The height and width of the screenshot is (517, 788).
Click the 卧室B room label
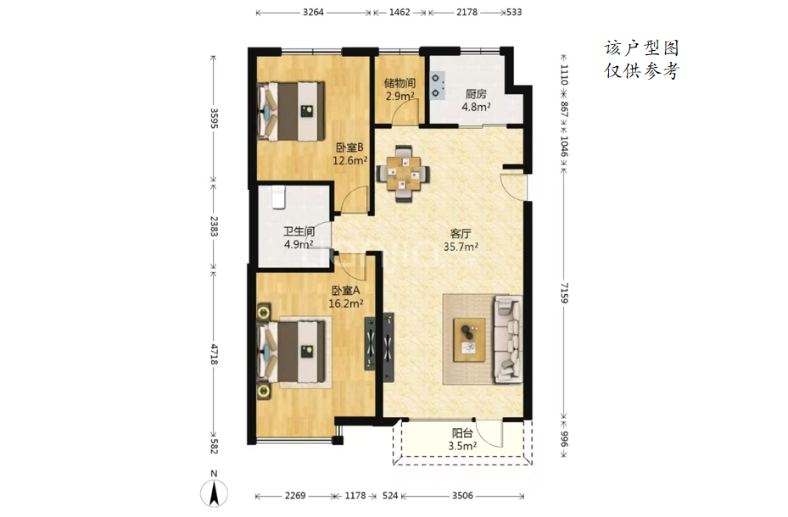pyautogui.click(x=349, y=147)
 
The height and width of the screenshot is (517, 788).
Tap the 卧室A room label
pyautogui.click(x=345, y=291)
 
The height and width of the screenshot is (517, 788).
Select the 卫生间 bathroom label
pyautogui.click(x=299, y=231)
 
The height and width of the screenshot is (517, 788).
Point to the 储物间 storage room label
pyautogui.click(x=400, y=83)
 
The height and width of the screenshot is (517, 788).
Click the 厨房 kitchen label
pyautogui.click(x=476, y=94)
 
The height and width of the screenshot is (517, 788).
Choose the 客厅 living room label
pyautogui.click(x=461, y=233)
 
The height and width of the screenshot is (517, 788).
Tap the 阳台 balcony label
pyautogui.click(x=462, y=433)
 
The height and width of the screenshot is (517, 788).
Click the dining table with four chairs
pyautogui.click(x=404, y=174)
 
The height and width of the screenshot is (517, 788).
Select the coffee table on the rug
pyautogui.click(x=469, y=340)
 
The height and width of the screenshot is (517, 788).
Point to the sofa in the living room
pyautogui.click(x=507, y=339)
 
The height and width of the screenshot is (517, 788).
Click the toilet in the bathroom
pyautogui.click(x=278, y=197)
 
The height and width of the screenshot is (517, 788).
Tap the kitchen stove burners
pyautogui.click(x=436, y=86)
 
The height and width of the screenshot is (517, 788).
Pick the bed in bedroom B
pyautogui.click(x=291, y=111)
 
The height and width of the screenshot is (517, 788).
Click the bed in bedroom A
pyautogui.click(x=291, y=353)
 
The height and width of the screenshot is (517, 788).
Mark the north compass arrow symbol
pyautogui.click(x=214, y=492)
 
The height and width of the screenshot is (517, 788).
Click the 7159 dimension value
pyautogui.click(x=564, y=292)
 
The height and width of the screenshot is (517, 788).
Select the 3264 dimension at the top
pyautogui.click(x=313, y=12)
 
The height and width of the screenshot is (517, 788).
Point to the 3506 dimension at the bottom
pyautogui.click(x=462, y=496)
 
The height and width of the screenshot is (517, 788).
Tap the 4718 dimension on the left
pyautogui.click(x=214, y=355)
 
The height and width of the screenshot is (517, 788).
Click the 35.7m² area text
pyautogui.click(x=461, y=247)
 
